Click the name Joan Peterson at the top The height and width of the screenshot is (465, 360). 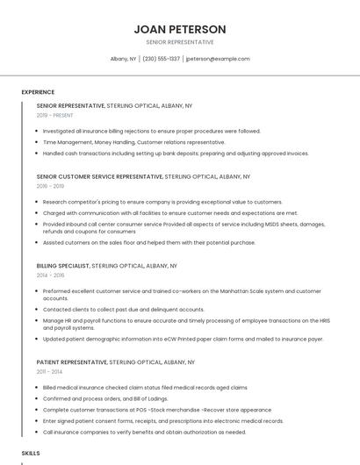pyautogui.click(x=179, y=29)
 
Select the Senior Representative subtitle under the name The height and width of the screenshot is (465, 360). pyautogui.click(x=179, y=42)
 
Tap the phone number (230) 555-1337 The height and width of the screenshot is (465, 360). pyautogui.click(x=161, y=59)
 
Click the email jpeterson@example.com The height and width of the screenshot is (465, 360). pyautogui.click(x=218, y=59)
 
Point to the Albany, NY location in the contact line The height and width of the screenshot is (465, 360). pyautogui.click(x=123, y=59)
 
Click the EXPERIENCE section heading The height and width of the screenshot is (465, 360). pyautogui.click(x=38, y=92)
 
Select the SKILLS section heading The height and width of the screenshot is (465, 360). pyautogui.click(x=31, y=453)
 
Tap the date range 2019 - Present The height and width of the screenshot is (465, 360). pyautogui.click(x=54, y=115)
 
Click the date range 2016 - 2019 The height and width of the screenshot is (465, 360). pyautogui.click(x=50, y=186)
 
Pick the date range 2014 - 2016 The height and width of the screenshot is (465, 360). pyautogui.click(x=50, y=275)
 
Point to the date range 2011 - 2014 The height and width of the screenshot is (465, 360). pyautogui.click(x=50, y=371)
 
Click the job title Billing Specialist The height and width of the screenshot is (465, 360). pyautogui.click(x=62, y=265)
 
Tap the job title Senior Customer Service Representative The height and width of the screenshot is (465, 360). pyautogui.click(x=99, y=176)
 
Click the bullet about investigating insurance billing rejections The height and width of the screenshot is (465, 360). pyautogui.click(x=151, y=131)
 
